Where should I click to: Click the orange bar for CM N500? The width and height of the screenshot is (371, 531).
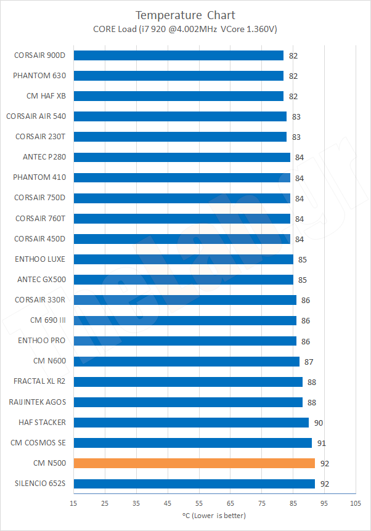pyautogui.click(x=194, y=463)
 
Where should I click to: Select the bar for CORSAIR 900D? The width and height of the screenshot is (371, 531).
pyautogui.click(x=179, y=55)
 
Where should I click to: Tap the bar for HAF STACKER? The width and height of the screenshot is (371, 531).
pyautogui.click(x=191, y=423)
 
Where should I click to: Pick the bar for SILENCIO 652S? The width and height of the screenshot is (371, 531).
pyautogui.click(x=194, y=484)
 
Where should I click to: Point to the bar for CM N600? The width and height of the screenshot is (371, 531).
pyautogui.click(x=186, y=362)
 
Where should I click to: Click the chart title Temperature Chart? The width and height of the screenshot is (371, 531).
pyautogui.click(x=185, y=15)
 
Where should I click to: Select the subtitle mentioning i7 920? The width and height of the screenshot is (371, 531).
pyautogui.click(x=185, y=28)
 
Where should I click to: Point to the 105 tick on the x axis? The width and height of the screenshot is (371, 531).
pyautogui.click(x=356, y=503)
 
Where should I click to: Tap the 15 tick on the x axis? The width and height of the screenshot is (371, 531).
pyautogui.click(x=73, y=503)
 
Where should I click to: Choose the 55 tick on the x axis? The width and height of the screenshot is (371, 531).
pyautogui.click(x=199, y=503)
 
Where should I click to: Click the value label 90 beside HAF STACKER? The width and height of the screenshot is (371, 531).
pyautogui.click(x=318, y=423)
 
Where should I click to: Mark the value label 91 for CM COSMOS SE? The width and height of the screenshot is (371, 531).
pyautogui.click(x=321, y=443)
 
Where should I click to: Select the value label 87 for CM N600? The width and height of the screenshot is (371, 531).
pyautogui.click(x=309, y=362)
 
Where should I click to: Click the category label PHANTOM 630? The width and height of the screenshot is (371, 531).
pyautogui.click(x=39, y=76)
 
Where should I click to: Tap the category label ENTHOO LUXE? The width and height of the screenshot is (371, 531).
pyautogui.click(x=40, y=259)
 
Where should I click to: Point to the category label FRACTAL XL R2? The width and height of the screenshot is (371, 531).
pyautogui.click(x=39, y=381)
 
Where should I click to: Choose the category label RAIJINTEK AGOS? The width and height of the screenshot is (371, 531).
pyautogui.click(x=38, y=402)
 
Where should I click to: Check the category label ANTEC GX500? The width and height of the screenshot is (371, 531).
pyautogui.click(x=41, y=280)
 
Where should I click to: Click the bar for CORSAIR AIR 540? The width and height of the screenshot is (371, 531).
pyautogui.click(x=180, y=116)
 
